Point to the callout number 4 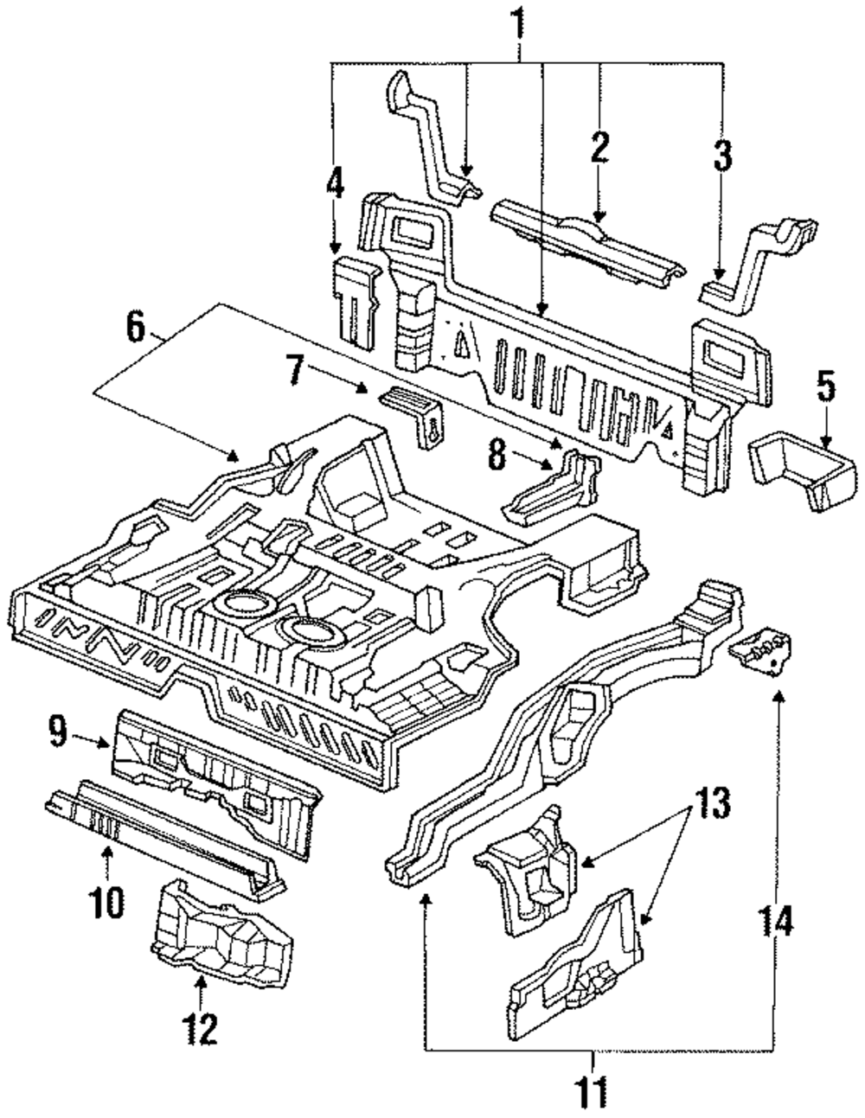(x=336, y=189)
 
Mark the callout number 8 (x=495, y=455)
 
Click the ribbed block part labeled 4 (x=357, y=298)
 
